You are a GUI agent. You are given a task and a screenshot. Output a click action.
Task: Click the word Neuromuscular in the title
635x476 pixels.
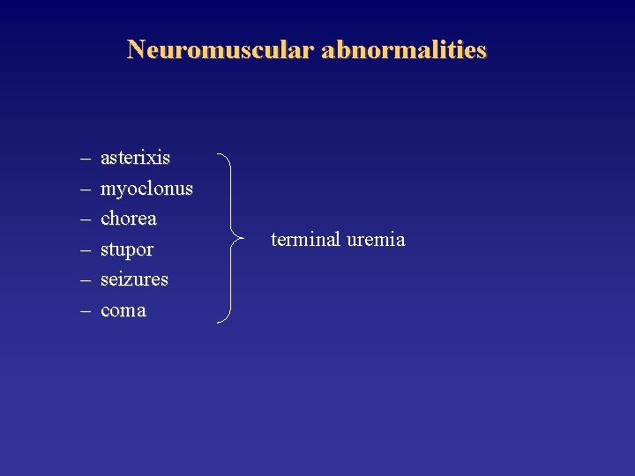point(220,49)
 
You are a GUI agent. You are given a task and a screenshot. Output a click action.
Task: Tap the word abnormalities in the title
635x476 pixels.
point(404,49)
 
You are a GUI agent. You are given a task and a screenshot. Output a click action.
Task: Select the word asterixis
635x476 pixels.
point(136,158)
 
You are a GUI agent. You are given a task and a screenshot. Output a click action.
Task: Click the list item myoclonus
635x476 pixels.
point(146,189)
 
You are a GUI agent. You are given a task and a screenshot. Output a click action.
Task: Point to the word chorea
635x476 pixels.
point(129,218)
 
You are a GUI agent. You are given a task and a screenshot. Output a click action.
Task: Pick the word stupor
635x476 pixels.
point(127,249)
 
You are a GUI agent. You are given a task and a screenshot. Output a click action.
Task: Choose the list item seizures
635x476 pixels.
point(134,279)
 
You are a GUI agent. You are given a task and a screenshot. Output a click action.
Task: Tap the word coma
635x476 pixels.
point(123,309)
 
